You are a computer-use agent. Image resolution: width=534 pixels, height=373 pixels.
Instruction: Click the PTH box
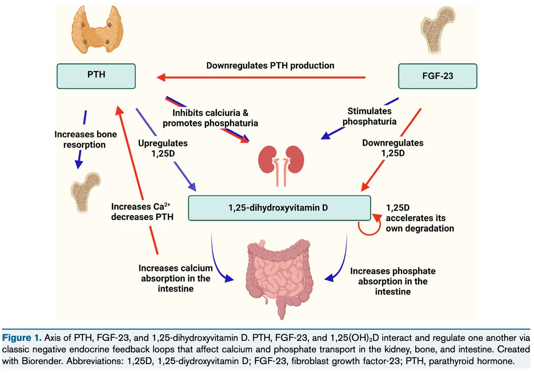96,76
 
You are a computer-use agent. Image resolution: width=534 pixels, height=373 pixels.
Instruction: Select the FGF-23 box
438,76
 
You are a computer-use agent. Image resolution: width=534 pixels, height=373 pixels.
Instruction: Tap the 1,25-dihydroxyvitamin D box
279,208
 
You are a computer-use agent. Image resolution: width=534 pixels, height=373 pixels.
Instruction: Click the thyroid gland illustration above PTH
97,29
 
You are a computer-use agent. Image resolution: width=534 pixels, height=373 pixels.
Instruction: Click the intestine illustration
279,279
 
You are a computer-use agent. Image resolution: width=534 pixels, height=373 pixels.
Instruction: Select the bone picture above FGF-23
437,31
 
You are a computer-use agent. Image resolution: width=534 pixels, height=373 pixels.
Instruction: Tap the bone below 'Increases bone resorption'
85,192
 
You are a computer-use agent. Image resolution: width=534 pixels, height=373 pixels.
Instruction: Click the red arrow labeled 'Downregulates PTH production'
261,77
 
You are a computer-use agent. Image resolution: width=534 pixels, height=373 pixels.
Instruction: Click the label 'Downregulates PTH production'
270,65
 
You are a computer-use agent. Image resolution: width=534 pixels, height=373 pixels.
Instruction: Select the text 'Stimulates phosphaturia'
369,116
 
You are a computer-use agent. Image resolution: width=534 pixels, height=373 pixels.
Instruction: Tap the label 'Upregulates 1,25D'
163,148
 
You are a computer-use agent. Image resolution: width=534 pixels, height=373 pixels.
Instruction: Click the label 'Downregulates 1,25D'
392,148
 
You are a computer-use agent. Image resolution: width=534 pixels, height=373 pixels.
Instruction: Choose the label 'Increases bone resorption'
85,139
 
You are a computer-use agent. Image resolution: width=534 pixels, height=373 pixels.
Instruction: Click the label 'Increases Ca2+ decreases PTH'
142,211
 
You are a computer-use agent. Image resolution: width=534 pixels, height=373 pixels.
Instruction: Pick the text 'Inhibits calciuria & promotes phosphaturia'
210,118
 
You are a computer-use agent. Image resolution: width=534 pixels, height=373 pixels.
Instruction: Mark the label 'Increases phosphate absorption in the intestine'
392,281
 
